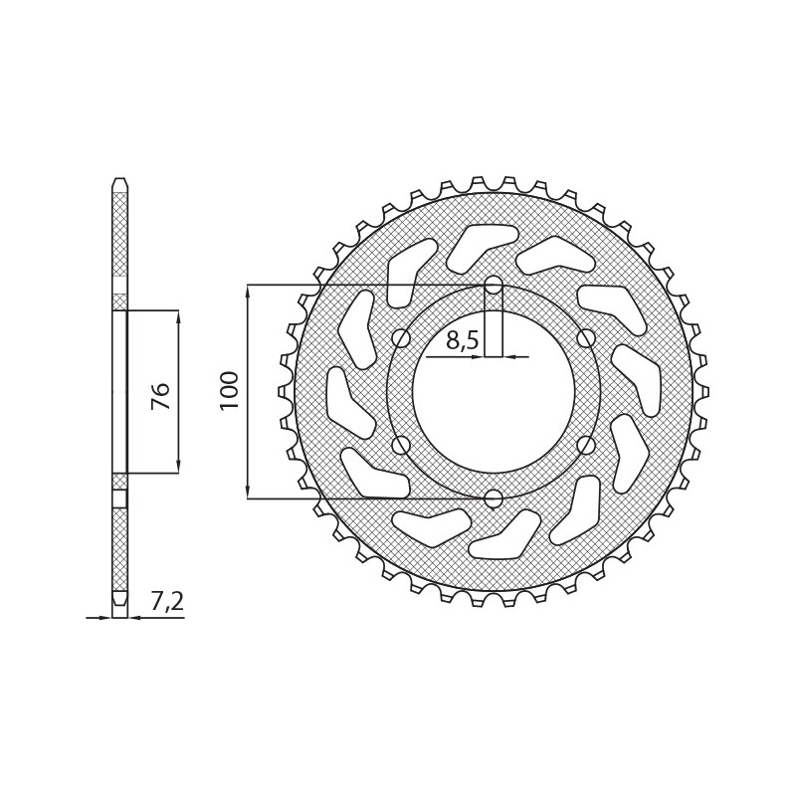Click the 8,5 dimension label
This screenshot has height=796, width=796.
tap(463, 341)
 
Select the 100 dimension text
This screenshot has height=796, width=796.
tap(230, 390)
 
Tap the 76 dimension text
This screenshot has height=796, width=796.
tap(161, 395)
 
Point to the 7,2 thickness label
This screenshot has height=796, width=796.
tap(167, 601)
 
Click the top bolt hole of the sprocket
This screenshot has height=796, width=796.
tap(494, 286)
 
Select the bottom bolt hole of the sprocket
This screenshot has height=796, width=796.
tap(494, 497)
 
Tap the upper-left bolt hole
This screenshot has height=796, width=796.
tap(401, 338)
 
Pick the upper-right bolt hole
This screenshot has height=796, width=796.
tap(586, 338)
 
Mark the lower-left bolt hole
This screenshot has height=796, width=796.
tap(401, 445)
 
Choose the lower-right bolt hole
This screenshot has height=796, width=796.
tap(586, 445)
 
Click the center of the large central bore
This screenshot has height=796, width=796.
tap(494, 391)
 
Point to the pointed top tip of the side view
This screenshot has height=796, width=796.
tap(119, 181)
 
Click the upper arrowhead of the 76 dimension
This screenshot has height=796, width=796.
tap(178, 316)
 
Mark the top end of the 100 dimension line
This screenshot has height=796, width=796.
tap(248, 287)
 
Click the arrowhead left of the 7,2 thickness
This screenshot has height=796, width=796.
tap(104, 618)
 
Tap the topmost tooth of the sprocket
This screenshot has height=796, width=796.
tap(494, 181)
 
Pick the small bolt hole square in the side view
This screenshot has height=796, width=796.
tap(119, 498)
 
